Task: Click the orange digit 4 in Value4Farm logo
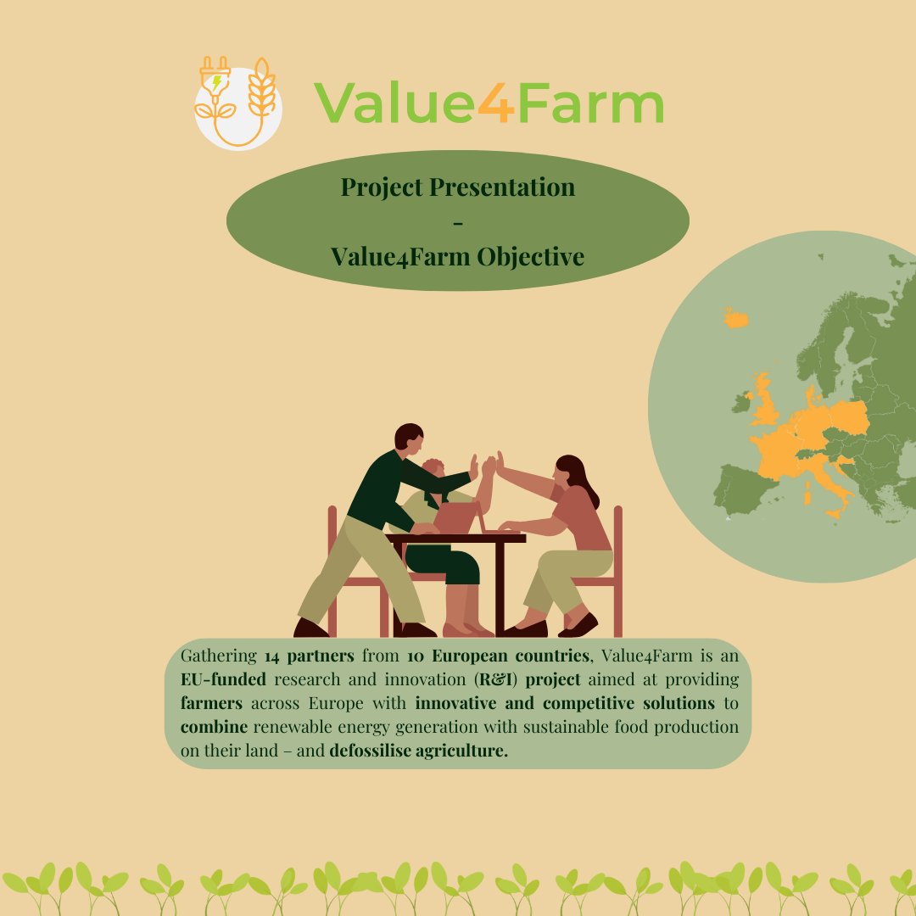coord(494,103)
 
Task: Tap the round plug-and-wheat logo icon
coord(237,103)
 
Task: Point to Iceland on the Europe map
coord(736,318)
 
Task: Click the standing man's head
coord(409,438)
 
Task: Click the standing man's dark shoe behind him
coord(310,628)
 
